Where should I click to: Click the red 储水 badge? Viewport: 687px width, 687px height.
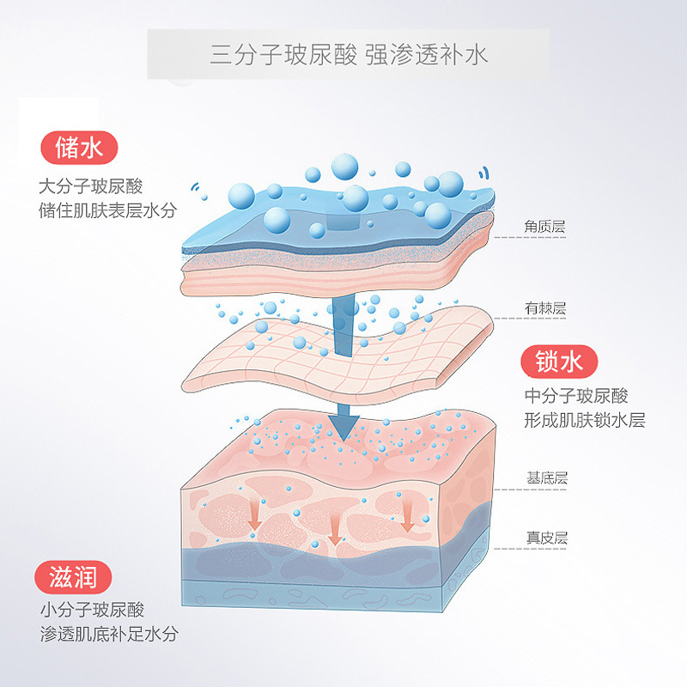point(78,149)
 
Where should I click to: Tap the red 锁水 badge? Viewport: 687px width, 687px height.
point(558,362)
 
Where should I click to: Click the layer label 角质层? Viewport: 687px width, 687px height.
point(545,227)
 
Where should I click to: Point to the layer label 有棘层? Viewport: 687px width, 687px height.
point(545,307)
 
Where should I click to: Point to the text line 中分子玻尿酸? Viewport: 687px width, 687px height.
point(576,396)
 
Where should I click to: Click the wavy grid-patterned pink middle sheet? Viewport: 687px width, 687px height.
point(343,352)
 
